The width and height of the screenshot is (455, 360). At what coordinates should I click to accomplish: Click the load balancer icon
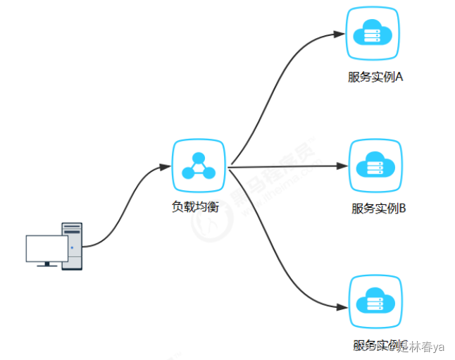coord(199,166)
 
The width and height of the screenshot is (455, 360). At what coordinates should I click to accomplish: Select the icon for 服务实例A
coord(375,33)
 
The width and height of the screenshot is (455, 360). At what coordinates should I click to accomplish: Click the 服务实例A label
coord(375,77)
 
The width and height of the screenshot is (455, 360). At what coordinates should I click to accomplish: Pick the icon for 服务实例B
coord(375,166)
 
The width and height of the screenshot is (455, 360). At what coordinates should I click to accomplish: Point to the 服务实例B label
coord(379,209)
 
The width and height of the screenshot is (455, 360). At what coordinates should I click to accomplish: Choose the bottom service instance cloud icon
coord(376,302)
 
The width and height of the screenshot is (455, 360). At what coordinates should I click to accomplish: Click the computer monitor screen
coord(46,247)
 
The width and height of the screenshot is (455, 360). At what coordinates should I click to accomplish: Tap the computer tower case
coord(73,246)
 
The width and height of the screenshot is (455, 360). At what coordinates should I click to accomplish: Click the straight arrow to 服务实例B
coord(289,167)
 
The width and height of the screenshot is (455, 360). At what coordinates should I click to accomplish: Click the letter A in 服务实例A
coord(399,77)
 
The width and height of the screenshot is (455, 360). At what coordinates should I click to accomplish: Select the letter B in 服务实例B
coord(402,209)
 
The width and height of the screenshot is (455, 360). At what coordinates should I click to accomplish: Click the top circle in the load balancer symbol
coord(199,157)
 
